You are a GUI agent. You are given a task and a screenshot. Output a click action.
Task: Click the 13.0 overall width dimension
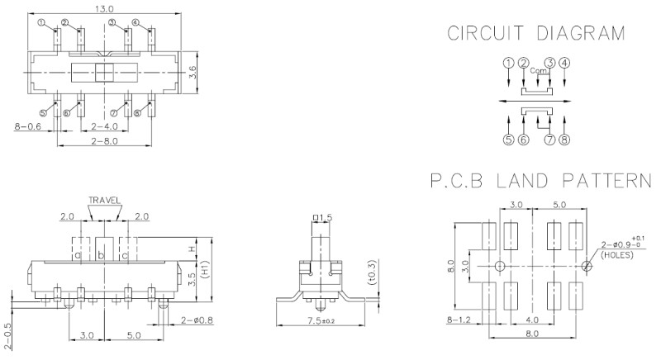[104, 8]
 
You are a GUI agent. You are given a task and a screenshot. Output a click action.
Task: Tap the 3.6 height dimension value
[192, 74]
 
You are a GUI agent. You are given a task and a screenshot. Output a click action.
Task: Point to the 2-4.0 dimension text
[104, 126]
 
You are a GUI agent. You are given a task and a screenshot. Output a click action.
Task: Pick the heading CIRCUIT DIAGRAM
[535, 34]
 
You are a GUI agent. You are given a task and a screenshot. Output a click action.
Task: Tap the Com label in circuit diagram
[537, 69]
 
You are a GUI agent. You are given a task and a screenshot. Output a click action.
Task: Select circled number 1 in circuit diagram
[508, 62]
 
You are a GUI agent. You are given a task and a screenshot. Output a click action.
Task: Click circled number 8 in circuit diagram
[564, 140]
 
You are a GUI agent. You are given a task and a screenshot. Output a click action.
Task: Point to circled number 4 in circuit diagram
[564, 62]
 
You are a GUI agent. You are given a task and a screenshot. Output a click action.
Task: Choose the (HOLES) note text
[618, 255]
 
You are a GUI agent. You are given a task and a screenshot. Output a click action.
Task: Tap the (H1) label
[205, 270]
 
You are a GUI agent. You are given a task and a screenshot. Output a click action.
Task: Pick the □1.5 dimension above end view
[321, 217]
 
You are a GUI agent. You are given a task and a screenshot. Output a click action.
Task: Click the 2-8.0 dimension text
[104, 141]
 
